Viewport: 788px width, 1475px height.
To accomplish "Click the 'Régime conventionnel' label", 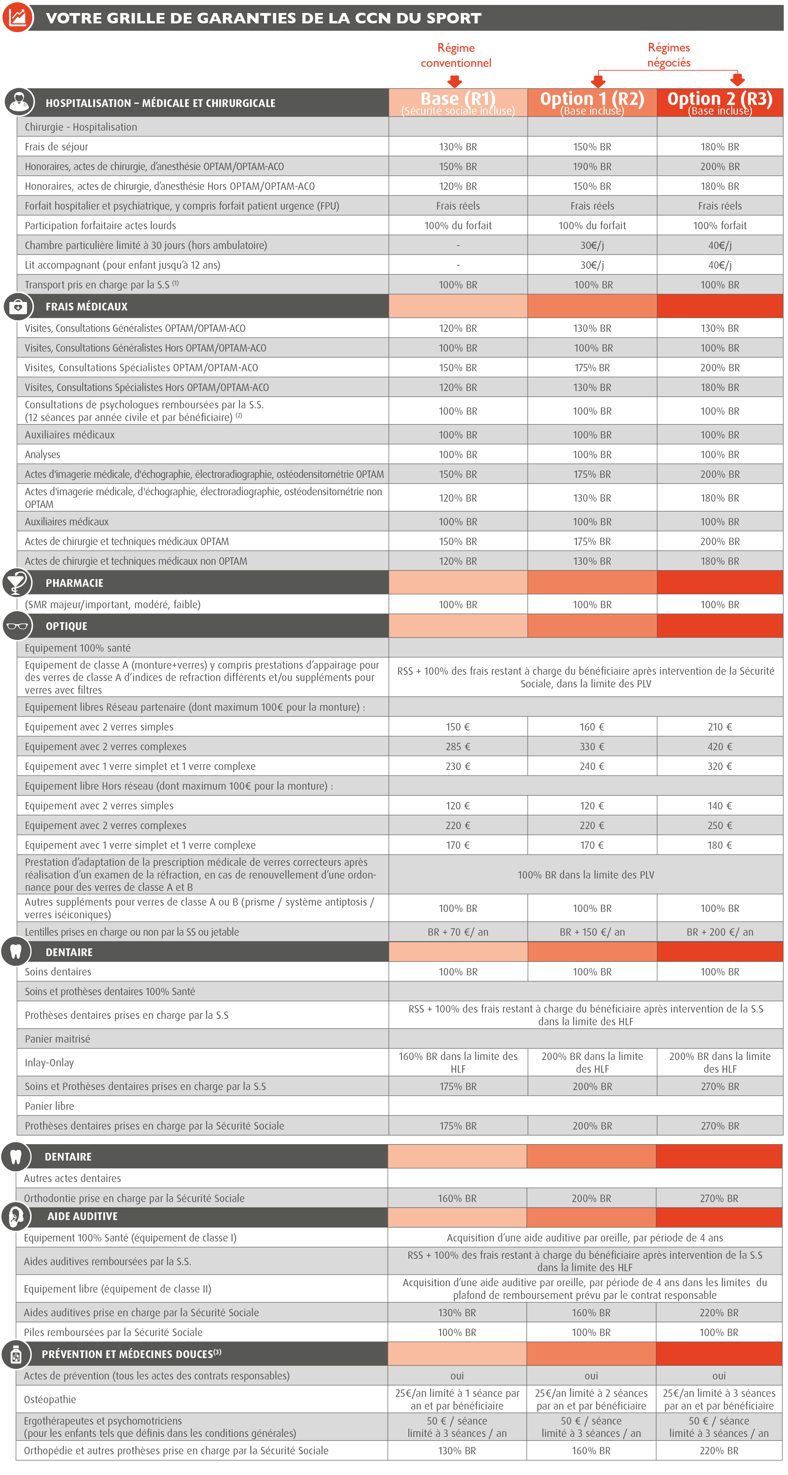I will pos(456,55).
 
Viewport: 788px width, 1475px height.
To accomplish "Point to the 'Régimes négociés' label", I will pos(669,55).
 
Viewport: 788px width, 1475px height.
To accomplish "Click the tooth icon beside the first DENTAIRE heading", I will pos(15,952).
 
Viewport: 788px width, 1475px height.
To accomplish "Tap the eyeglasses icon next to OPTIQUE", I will pos(17,626).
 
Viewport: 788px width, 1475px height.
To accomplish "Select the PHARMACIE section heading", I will pos(75,583).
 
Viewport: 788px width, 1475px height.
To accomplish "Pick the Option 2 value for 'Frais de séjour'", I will pos(720,147).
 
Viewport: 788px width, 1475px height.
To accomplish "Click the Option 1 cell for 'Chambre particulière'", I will pos(592,245).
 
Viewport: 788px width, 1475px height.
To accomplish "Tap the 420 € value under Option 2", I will pos(720,747).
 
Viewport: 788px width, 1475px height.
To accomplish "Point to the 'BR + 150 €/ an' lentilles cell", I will pos(592,932).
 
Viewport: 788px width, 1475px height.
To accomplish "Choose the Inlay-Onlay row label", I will pos(49,1063).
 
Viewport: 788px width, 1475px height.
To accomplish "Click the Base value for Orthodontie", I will pos(457,1198).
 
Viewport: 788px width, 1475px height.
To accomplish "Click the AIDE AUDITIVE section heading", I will pos(83,1216).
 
